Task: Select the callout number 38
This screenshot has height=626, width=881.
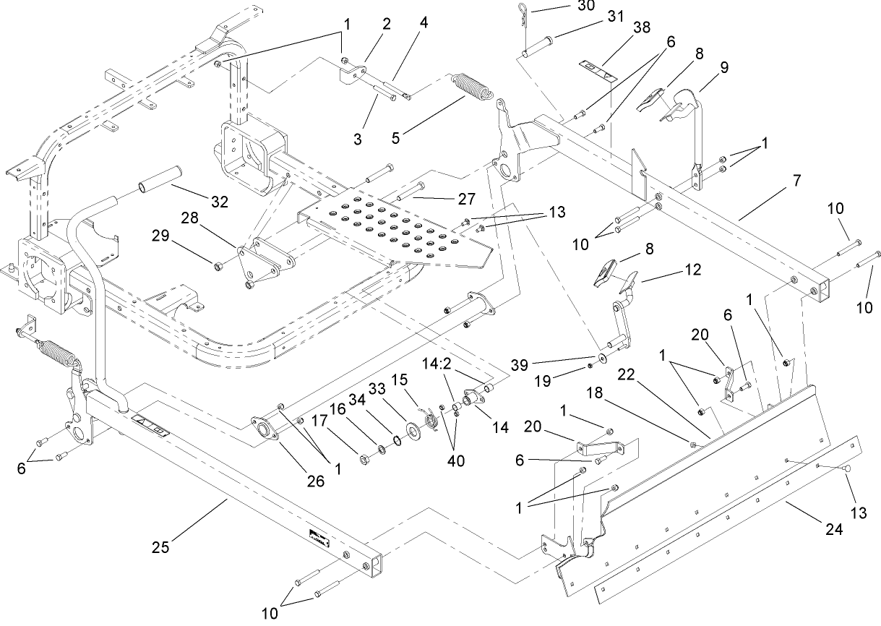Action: (x=641, y=28)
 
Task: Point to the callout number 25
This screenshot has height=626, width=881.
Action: (x=160, y=547)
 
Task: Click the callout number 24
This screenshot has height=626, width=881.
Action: (x=834, y=529)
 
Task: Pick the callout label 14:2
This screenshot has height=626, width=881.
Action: (x=457, y=366)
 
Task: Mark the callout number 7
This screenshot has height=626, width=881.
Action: (x=796, y=181)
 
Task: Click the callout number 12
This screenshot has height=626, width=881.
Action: (x=693, y=270)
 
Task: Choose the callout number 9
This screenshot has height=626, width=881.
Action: (x=723, y=67)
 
